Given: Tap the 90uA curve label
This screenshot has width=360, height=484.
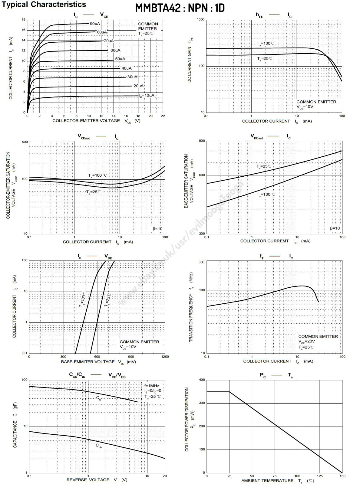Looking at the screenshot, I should pyautogui.click(x=95, y=24).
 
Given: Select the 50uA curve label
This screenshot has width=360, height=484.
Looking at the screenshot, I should pyautogui.click(x=120, y=59).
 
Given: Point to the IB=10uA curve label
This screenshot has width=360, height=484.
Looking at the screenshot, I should pyautogui.click(x=147, y=96).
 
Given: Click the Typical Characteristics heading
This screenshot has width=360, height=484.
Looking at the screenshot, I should pyautogui.click(x=44, y=5).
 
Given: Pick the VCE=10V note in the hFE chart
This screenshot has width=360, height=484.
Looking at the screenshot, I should pyautogui.click(x=305, y=107).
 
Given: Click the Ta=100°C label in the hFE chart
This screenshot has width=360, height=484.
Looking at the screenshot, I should pyautogui.click(x=265, y=44).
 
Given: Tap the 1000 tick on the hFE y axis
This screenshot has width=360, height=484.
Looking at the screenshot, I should pyautogui.click(x=201, y=19).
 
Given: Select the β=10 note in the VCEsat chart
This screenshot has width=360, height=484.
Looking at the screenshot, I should pyautogui.click(x=157, y=229).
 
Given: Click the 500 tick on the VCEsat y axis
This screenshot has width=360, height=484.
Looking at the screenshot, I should pyautogui.click(x=25, y=142).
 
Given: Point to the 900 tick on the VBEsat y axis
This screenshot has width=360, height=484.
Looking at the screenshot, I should pyautogui.click(x=202, y=141).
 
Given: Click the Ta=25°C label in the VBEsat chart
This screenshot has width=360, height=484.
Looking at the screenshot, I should pyautogui.click(x=264, y=166).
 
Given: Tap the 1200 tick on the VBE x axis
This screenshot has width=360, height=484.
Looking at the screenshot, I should pyautogui.click(x=165, y=357).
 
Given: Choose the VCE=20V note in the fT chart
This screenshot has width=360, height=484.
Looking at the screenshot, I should pyautogui.click(x=306, y=342).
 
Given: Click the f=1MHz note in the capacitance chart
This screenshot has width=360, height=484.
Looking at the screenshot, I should pyautogui.click(x=152, y=386).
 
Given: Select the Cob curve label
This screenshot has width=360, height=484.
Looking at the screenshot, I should pyautogui.click(x=99, y=446).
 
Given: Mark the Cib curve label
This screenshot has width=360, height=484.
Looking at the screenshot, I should pyautogui.click(x=99, y=398).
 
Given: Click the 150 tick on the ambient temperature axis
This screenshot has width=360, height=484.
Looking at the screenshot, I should pyautogui.click(x=342, y=476).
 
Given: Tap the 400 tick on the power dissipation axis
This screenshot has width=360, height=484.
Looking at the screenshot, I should pyautogui.click(x=202, y=380).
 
